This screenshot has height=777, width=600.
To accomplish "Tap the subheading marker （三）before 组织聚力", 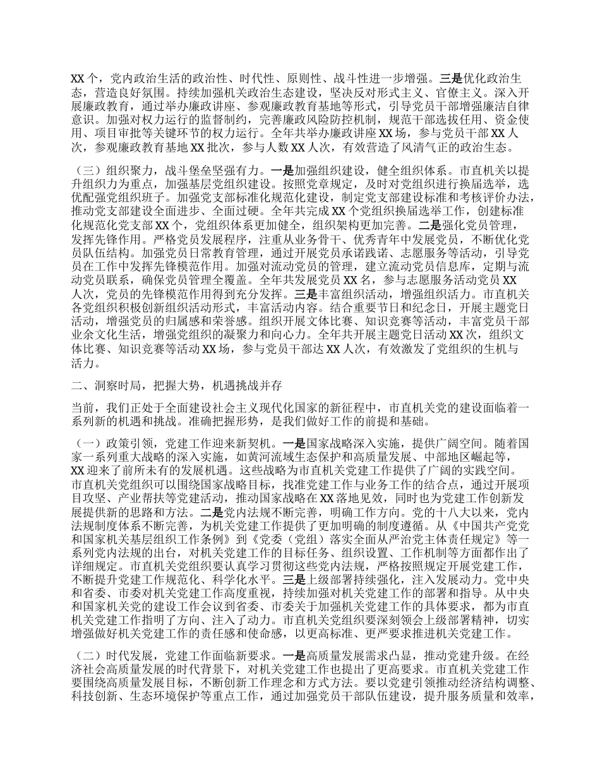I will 85,170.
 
